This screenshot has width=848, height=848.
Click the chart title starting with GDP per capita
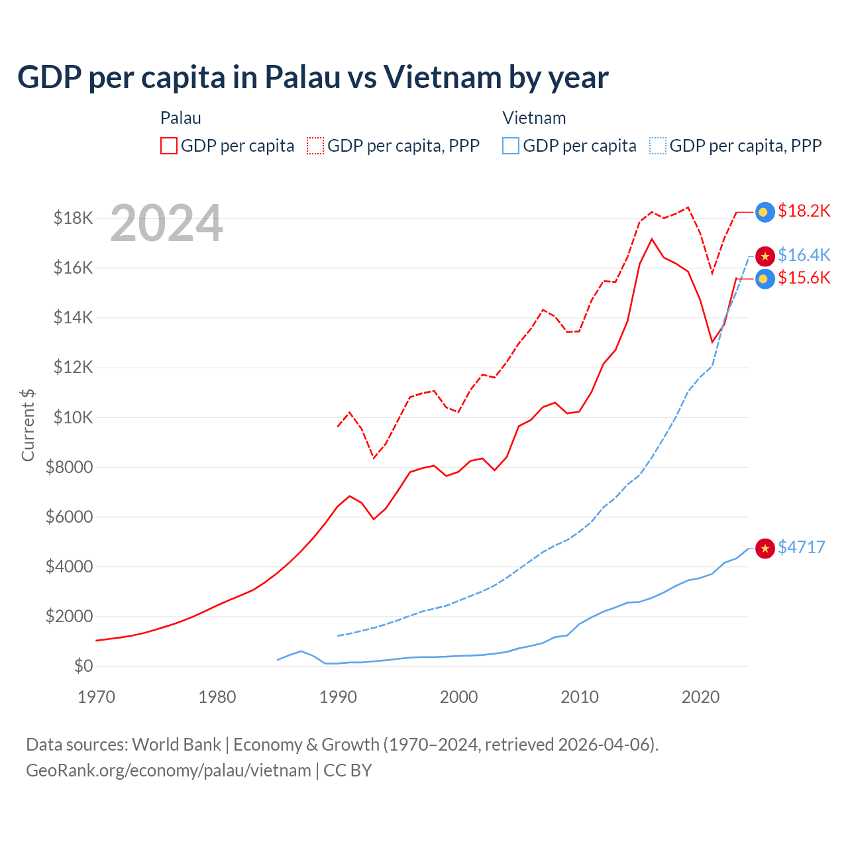[313, 78]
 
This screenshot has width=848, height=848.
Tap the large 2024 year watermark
[166, 224]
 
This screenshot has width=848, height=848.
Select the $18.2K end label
[804, 211]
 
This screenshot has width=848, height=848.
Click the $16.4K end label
[804, 255]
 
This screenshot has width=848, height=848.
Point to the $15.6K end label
[804, 278]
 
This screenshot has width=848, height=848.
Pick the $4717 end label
[801, 547]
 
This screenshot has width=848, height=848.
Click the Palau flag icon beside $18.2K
[765, 212]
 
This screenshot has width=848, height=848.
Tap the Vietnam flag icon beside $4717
[765, 549]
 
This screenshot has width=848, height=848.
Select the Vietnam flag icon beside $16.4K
[765, 256]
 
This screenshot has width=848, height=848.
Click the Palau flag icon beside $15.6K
[765, 279]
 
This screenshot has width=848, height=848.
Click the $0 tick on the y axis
[83, 666]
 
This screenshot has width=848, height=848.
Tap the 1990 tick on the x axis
[338, 697]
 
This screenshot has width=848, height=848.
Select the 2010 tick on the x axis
[580, 697]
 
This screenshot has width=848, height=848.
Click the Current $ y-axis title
[28, 425]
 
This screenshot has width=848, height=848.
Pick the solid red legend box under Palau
[169, 146]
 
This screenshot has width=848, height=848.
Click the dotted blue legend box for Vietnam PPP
[658, 146]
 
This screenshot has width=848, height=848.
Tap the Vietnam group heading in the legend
[534, 118]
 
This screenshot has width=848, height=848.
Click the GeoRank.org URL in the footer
[168, 770]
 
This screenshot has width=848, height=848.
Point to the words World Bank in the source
[176, 745]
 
